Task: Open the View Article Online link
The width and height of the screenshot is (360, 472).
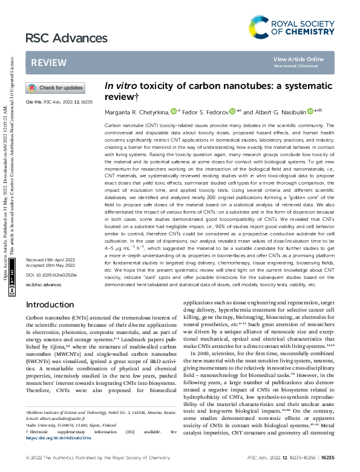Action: point(298,59)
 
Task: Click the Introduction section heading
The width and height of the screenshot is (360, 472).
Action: point(54,304)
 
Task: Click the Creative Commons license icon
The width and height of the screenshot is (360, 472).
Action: point(13,290)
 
